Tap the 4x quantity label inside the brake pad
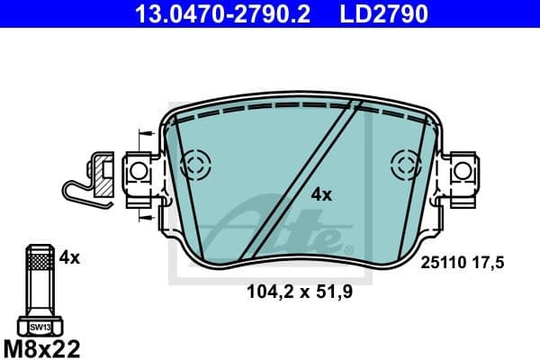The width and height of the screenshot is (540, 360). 321,194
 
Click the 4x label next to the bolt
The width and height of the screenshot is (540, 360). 69,257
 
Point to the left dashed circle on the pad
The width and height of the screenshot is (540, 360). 195,164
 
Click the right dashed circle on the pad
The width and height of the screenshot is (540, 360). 405,164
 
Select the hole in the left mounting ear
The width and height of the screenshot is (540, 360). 139,170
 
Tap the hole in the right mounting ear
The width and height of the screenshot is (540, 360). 463,169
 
